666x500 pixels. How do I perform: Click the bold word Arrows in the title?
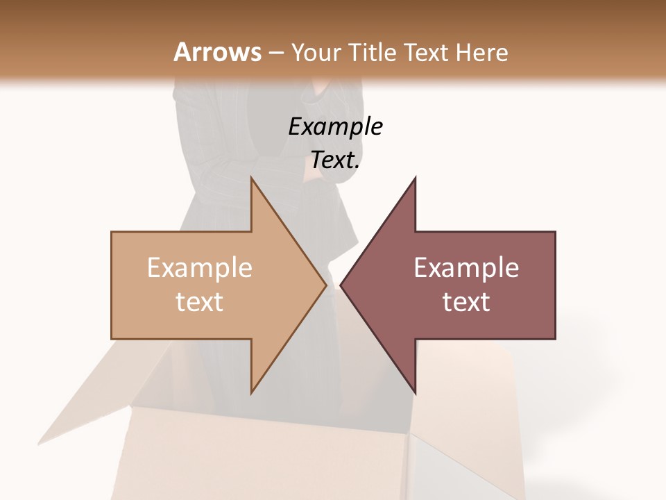tap(217, 52)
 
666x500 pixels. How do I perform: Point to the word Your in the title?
tap(316, 52)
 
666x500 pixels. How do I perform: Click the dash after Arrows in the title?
tap(276, 53)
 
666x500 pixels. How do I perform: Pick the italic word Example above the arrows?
tap(335, 127)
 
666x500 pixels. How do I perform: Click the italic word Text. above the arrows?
tap(335, 160)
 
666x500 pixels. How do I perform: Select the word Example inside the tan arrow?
tap(200, 268)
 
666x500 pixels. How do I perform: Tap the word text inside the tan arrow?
tap(200, 302)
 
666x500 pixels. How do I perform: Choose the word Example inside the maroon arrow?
tap(466, 268)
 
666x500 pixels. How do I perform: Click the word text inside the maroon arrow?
tap(466, 302)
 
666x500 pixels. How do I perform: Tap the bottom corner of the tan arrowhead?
tap(252, 392)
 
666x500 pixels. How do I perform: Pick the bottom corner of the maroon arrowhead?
tap(415, 392)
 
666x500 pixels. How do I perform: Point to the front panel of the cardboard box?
tap(264, 458)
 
